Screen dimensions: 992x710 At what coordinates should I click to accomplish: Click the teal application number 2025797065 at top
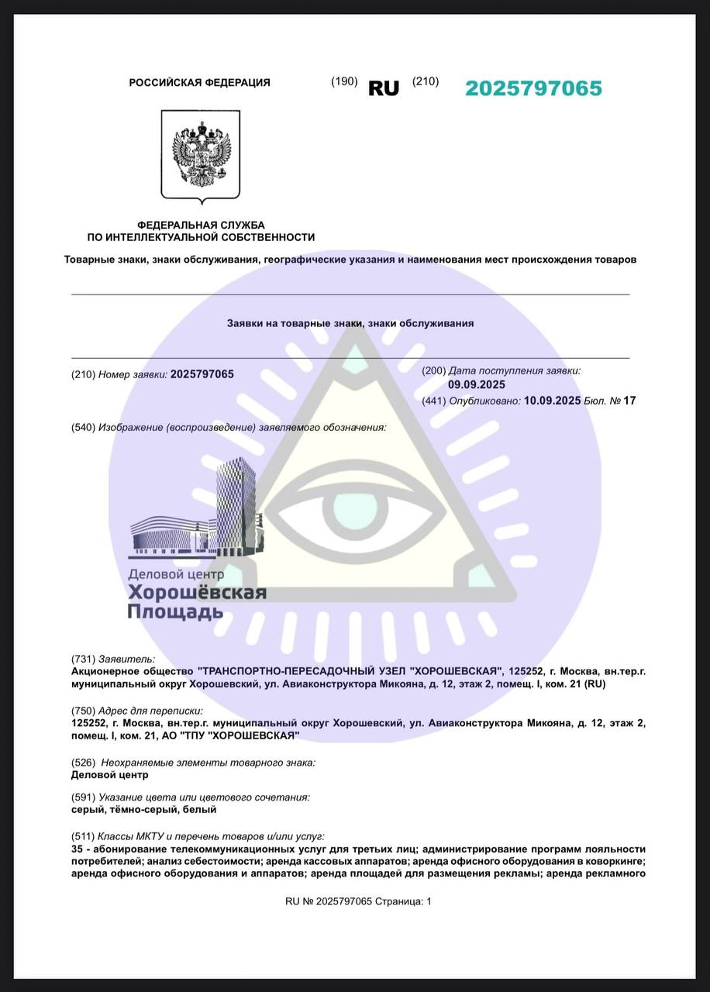[x=533, y=88]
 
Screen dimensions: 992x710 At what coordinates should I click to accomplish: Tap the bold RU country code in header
[x=384, y=88]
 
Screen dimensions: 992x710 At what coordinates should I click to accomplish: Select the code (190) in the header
[x=344, y=82]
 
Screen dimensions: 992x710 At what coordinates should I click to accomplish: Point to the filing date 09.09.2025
[x=477, y=385]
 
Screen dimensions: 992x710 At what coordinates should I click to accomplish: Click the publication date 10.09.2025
[x=553, y=401]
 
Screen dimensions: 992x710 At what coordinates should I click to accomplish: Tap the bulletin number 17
[x=629, y=401]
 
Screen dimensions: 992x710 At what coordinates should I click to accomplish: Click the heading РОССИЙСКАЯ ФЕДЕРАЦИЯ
[x=200, y=83]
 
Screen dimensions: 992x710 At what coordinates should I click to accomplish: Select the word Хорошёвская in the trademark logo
[x=197, y=593]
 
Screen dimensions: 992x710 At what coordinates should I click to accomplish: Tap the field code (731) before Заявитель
[x=83, y=660]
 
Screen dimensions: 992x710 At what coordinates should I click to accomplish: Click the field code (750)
[x=83, y=711]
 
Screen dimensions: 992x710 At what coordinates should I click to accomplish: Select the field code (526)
[x=83, y=763]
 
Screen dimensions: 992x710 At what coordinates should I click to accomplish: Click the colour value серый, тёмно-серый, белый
[x=143, y=809]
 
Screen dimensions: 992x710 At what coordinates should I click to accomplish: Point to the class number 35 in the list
[x=77, y=849]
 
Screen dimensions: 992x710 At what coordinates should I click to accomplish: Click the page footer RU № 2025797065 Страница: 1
[x=358, y=901]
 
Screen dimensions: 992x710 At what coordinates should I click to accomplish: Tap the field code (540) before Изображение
[x=83, y=428]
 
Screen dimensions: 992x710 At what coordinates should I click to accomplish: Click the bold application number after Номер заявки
[x=202, y=374]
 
